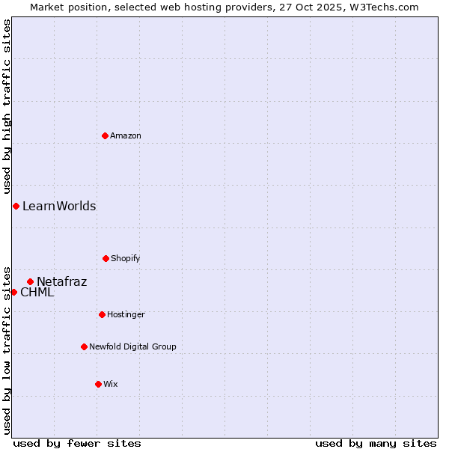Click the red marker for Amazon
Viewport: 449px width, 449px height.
tap(105, 135)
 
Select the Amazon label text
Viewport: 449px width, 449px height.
tap(126, 135)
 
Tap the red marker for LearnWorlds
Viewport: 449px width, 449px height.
tap(16, 206)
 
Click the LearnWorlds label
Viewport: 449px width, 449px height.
tap(59, 207)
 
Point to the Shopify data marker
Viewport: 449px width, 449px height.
tap(106, 258)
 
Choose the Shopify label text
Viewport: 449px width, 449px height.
tap(126, 258)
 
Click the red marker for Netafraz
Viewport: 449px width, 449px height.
tap(30, 281)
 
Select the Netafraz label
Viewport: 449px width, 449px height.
tap(62, 282)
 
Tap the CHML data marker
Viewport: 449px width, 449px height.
tap(13, 292)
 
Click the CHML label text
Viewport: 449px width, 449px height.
tap(37, 293)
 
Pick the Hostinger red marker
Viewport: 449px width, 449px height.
tap(102, 314)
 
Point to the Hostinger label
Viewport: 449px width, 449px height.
tap(126, 314)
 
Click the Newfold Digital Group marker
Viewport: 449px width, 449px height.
tap(84, 346)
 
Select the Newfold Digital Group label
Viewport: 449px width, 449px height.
tap(132, 346)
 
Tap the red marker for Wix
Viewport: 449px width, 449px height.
tap(98, 384)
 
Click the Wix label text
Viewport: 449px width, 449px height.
tap(111, 384)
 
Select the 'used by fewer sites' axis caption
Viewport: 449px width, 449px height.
tap(77, 443)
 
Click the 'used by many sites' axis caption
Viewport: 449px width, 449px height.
tap(376, 443)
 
